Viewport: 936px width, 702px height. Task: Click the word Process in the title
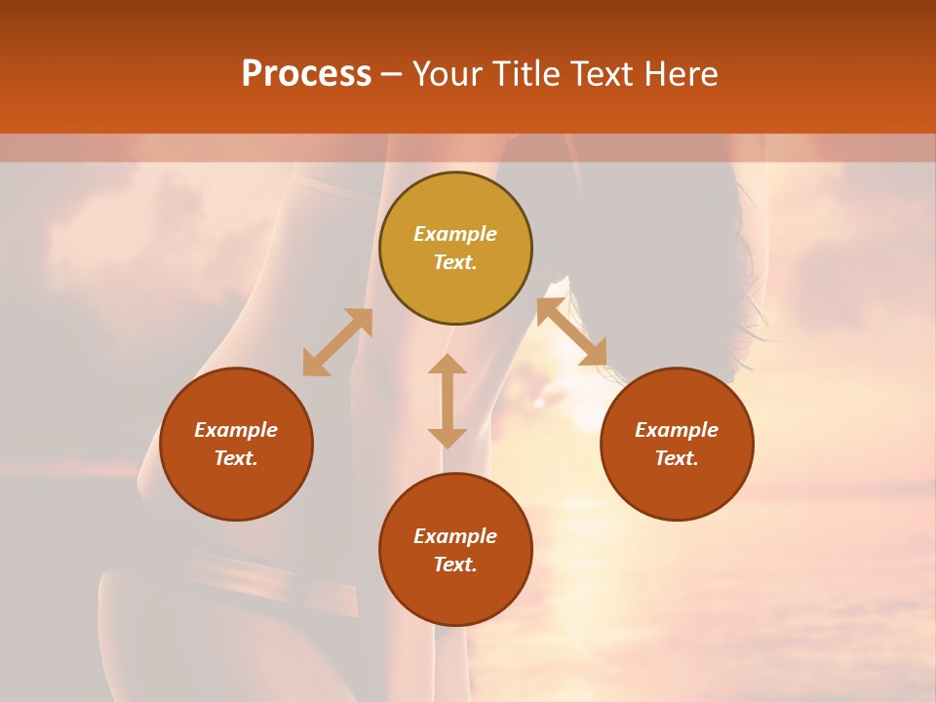click(306, 74)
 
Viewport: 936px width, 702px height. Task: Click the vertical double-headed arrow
click(448, 401)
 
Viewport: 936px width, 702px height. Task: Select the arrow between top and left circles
click(337, 342)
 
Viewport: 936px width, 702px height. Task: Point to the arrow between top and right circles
click(571, 331)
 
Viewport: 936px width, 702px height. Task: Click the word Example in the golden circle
click(455, 234)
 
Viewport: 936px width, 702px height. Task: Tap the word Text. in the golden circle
click(455, 262)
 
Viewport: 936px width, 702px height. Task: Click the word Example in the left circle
click(236, 430)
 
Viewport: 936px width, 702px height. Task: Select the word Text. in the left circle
click(236, 458)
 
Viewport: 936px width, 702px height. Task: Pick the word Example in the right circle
click(677, 430)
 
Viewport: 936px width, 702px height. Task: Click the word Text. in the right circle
click(677, 458)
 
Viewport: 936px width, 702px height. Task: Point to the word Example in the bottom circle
click(455, 536)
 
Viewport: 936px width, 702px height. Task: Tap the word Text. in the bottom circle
click(455, 565)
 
